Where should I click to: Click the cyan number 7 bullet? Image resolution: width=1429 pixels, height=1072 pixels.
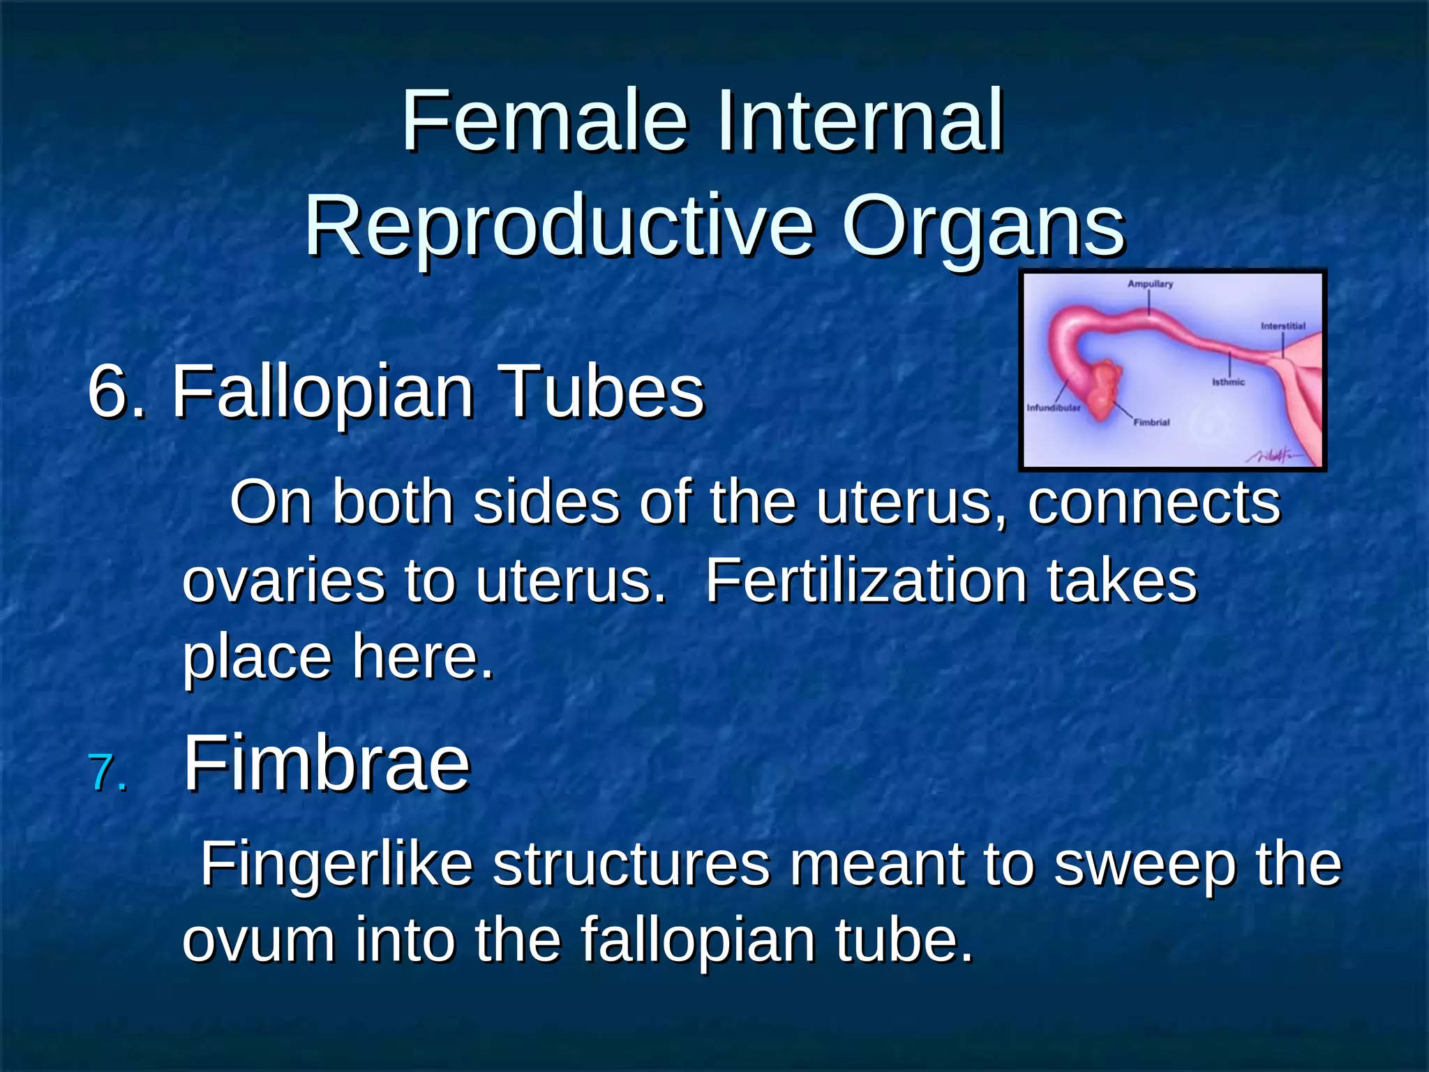pos(109,774)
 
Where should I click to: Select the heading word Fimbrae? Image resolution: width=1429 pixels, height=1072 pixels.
pos(327,764)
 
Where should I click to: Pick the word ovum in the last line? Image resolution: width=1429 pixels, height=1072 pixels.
pos(258,941)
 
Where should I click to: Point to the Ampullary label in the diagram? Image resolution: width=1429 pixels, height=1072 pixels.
pos(1150,284)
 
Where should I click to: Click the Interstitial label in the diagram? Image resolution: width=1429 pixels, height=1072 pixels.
pos(1282,326)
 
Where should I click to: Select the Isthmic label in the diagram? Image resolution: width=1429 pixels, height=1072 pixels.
pos(1228,382)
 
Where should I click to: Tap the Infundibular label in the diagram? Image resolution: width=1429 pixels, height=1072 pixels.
pos(1053,408)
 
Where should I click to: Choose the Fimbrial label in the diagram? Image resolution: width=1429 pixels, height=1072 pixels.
pos(1151,422)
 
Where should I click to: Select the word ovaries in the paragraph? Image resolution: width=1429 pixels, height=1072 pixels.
pos(283,582)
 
